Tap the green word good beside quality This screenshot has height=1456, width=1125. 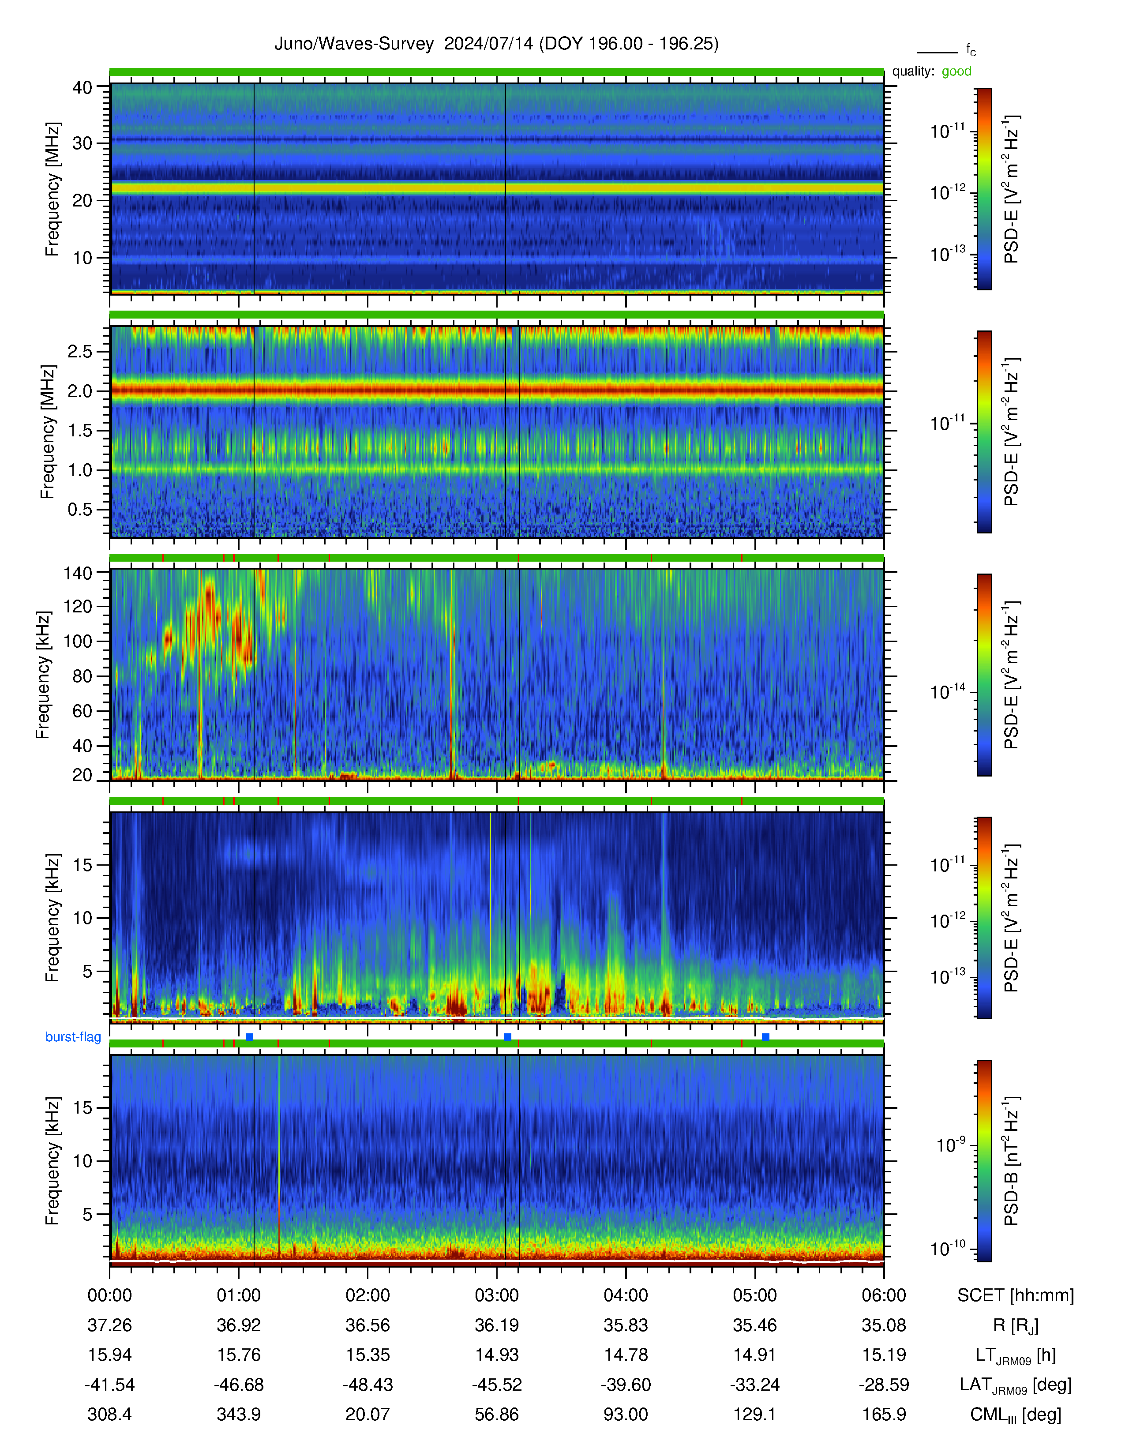[956, 71]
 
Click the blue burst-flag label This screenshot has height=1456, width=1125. [73, 1037]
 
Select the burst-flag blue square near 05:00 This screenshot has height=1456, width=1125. [765, 1037]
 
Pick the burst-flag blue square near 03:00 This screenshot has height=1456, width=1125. [507, 1037]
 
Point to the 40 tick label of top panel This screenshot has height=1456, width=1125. [82, 87]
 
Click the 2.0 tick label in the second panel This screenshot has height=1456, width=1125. [80, 391]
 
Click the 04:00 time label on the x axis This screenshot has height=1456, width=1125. [626, 1295]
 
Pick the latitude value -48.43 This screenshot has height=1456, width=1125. [368, 1385]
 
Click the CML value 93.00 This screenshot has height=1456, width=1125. [626, 1414]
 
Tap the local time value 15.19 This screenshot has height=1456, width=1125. [884, 1355]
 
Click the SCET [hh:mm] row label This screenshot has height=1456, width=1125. [1016, 1295]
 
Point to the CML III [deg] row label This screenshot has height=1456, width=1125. [1016, 1415]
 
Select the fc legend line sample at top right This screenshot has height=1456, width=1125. [937, 52]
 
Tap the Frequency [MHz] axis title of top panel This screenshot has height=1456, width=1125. [52, 189]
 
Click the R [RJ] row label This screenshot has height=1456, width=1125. [1016, 1326]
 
